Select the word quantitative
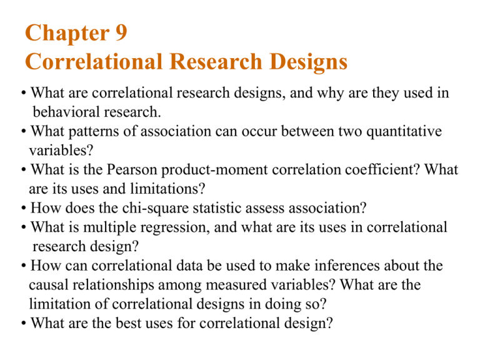pos(393,132)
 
